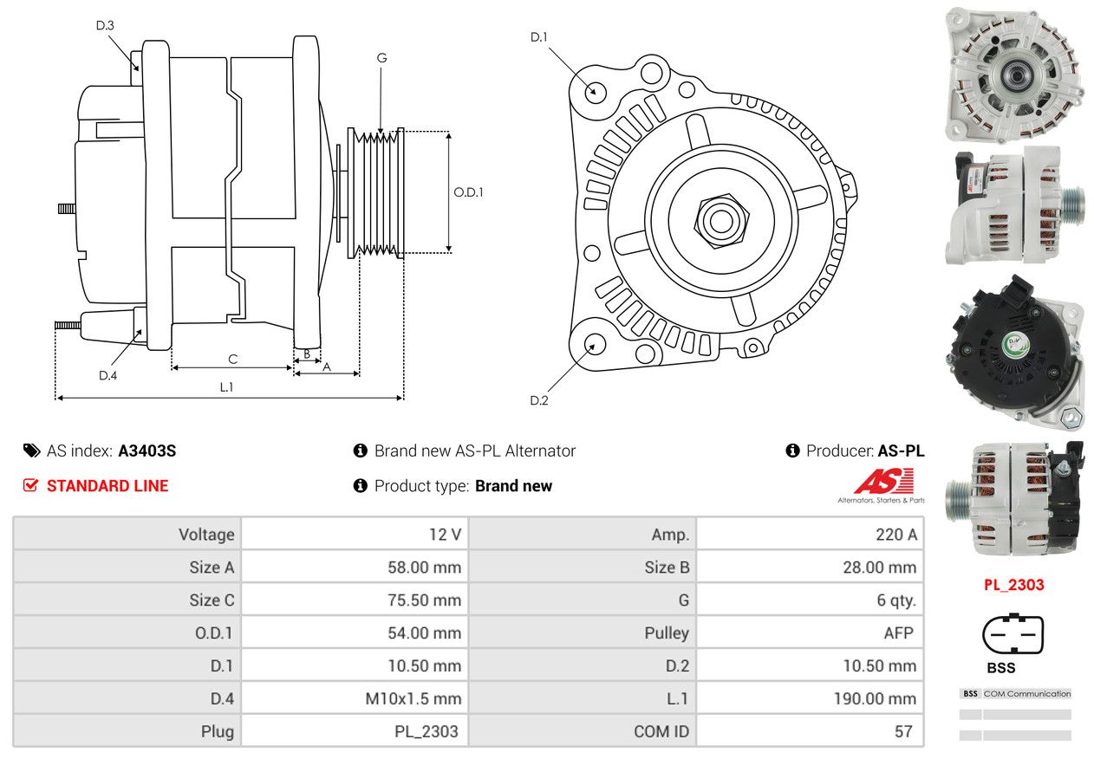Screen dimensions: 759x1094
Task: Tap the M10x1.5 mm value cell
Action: tap(413, 698)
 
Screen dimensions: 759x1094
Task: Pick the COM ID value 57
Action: tap(903, 731)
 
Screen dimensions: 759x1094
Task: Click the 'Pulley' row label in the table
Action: tap(667, 633)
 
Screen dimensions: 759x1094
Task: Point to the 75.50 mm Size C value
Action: tap(424, 600)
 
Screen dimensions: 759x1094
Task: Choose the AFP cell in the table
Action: tap(898, 633)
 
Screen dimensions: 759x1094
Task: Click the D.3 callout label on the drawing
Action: tap(105, 26)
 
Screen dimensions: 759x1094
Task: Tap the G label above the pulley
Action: tap(381, 58)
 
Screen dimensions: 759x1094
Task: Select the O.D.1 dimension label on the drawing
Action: tap(468, 192)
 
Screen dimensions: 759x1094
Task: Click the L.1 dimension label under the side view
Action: tap(226, 387)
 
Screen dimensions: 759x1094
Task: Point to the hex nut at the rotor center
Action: tap(718, 219)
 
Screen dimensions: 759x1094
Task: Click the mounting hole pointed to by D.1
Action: tap(595, 92)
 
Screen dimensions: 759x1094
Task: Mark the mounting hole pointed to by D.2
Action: tap(594, 344)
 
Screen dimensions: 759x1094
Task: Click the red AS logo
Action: tap(883, 482)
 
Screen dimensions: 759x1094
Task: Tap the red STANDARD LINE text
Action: tap(107, 486)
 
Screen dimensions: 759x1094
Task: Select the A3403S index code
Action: tap(147, 451)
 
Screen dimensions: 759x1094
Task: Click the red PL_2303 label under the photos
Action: tap(1013, 585)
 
